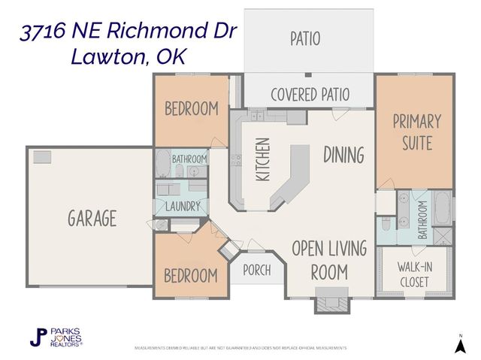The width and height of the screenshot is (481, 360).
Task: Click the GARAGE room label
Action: tap(92, 219)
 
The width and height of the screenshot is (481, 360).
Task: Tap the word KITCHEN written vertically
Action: tap(262, 159)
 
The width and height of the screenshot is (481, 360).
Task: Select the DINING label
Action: tap(343, 155)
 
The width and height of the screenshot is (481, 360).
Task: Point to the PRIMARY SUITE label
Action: tap(416, 132)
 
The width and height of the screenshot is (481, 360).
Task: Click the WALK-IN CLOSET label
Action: tap(414, 274)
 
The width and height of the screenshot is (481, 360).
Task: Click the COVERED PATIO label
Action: tap(310, 95)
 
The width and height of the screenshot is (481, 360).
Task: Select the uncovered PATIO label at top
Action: tap(305, 38)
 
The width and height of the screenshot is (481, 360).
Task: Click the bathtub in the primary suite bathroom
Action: tap(442, 208)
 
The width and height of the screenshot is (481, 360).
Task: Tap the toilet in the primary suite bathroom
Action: tap(385, 223)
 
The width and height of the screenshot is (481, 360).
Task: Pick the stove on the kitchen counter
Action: tap(236, 159)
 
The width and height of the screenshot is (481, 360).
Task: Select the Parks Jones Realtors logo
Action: tap(56, 337)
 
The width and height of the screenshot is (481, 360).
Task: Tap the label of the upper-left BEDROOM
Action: tap(192, 108)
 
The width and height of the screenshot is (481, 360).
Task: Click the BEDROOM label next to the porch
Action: tap(192, 274)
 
